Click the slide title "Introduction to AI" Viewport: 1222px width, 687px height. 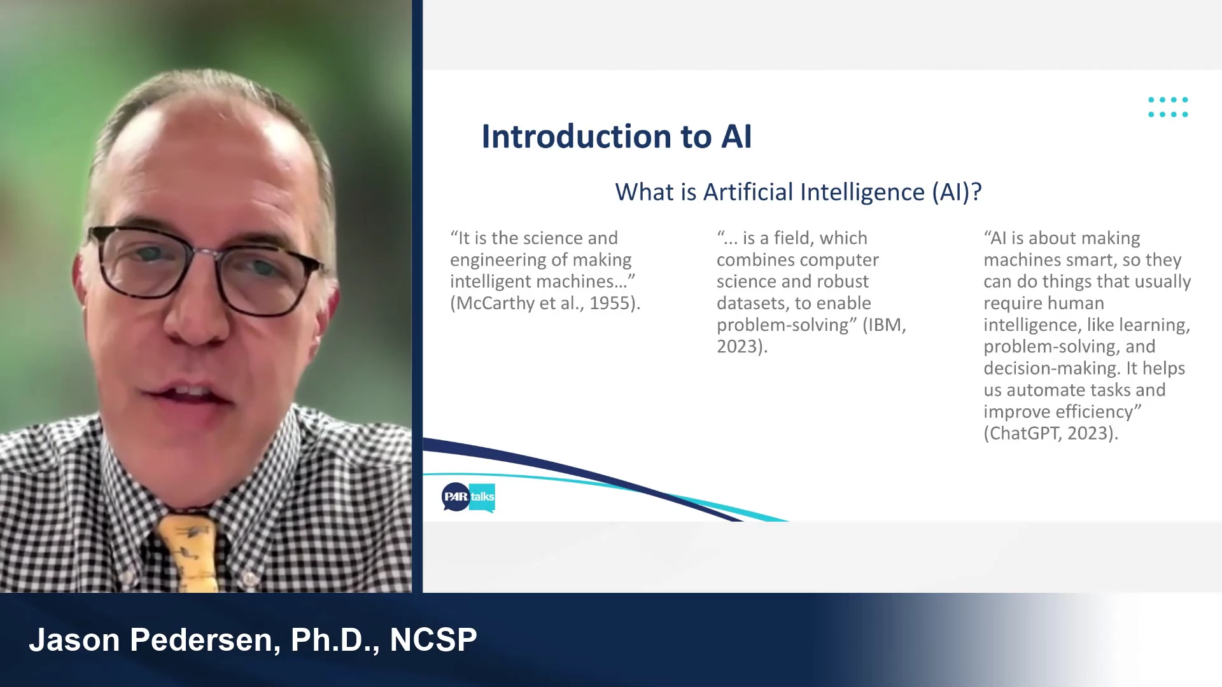[x=616, y=137]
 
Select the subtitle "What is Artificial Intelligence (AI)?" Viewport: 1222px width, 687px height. [x=798, y=192]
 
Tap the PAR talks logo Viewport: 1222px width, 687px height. [x=468, y=497]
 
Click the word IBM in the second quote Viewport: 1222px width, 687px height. [x=884, y=325]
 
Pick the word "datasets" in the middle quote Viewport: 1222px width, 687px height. [x=753, y=303]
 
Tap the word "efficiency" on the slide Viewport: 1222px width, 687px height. [x=1094, y=412]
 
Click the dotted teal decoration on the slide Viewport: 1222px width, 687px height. [x=1168, y=107]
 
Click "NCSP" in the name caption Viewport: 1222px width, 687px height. [x=433, y=640]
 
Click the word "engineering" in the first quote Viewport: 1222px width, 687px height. [x=498, y=260]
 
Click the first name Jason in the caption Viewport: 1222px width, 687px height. [x=74, y=640]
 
